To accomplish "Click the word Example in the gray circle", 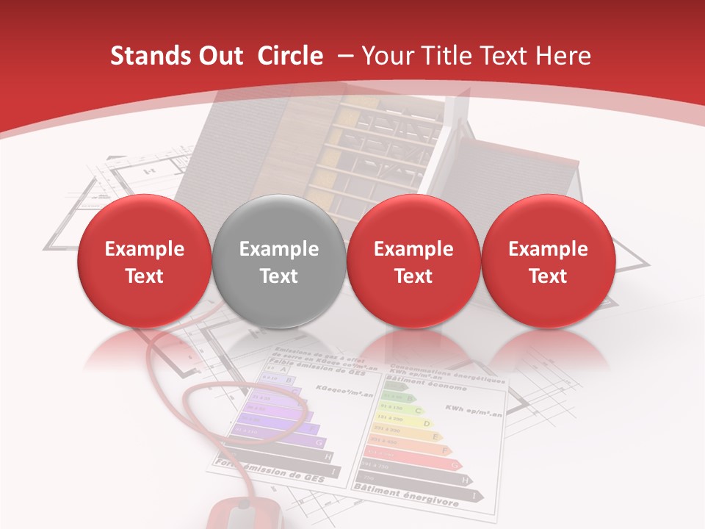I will coord(279,249).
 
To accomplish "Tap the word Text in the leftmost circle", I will coord(145,276).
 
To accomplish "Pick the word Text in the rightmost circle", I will coord(548,276).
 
